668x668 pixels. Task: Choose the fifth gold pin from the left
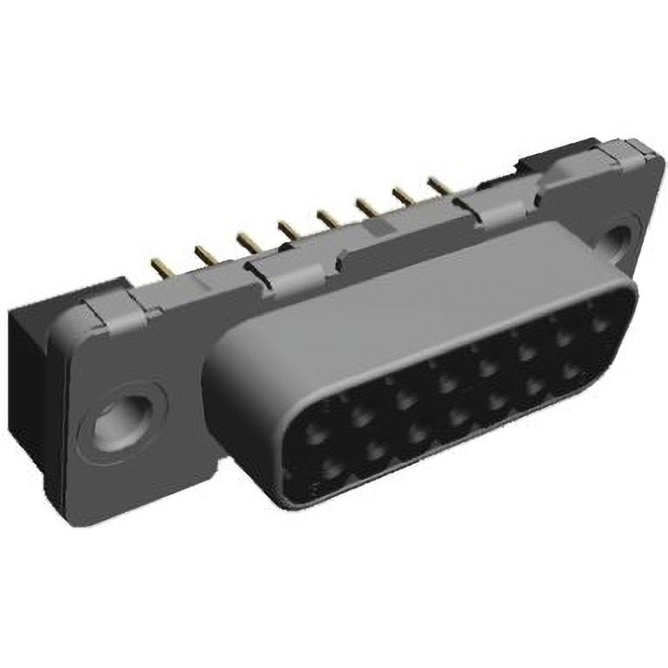(x=326, y=217)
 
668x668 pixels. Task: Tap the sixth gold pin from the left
(x=365, y=205)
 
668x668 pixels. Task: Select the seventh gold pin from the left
(x=402, y=196)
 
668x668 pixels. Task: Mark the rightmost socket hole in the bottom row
(x=570, y=368)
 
